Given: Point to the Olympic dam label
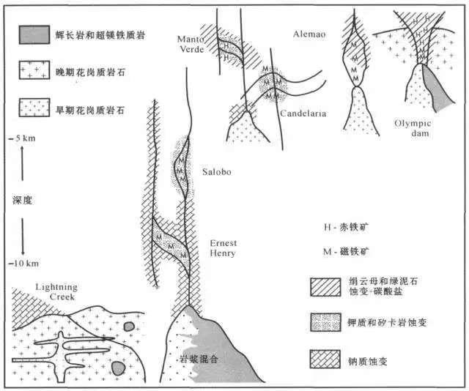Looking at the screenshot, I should (409, 127).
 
